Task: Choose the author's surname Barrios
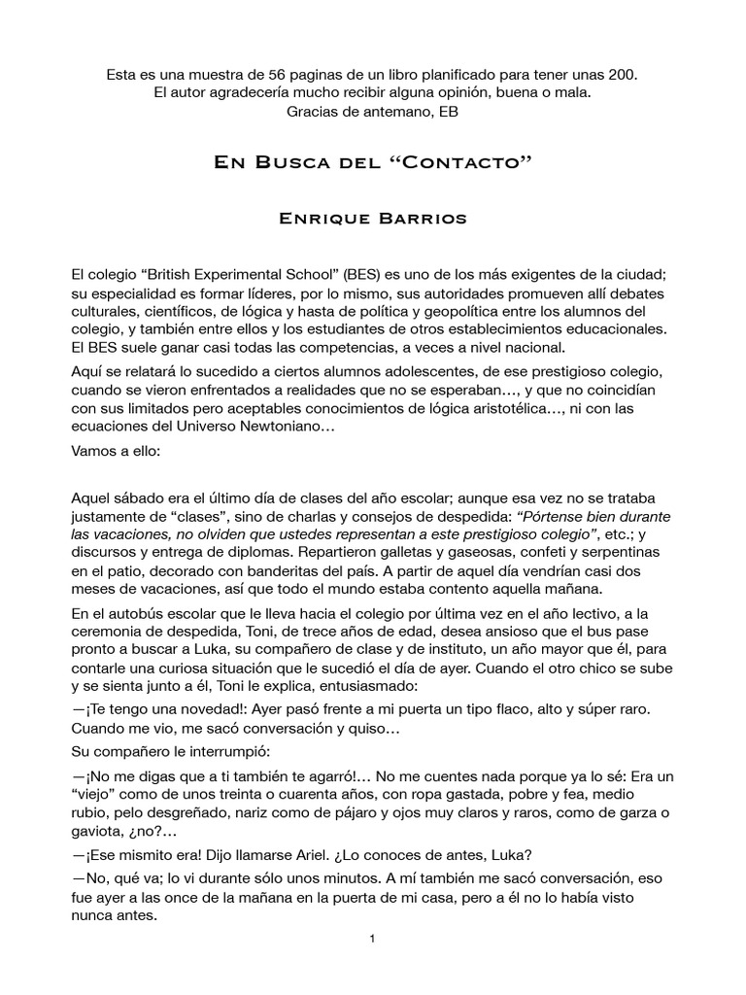420,219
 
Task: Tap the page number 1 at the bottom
372,939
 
